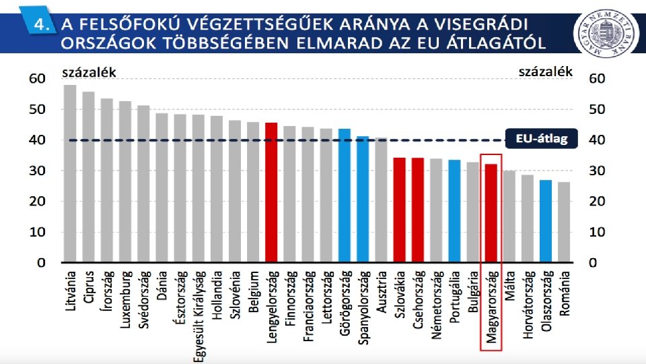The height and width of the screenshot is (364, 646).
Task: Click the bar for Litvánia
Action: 70,173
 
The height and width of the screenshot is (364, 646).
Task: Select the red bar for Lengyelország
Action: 271,192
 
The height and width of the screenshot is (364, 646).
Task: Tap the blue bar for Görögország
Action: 345,195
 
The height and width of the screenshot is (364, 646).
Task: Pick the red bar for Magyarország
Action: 491,213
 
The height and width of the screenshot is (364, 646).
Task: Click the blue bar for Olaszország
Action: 546,221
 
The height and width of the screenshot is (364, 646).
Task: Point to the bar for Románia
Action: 564,222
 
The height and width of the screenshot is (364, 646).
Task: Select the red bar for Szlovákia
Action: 399,210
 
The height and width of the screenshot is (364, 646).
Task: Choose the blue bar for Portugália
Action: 454,211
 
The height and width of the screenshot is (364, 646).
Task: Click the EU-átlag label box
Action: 541,139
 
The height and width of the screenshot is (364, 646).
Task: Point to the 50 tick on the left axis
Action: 37,109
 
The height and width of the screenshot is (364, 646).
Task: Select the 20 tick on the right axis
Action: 597,202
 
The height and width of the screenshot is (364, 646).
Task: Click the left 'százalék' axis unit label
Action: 89,73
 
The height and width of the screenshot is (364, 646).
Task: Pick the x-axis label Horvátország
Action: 528,305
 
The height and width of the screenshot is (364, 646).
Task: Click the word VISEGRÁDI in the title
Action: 482,24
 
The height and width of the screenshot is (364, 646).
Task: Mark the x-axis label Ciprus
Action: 89,287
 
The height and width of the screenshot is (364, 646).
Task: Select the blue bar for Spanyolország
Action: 363,199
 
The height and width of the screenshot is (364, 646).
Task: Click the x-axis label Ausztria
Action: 382,292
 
